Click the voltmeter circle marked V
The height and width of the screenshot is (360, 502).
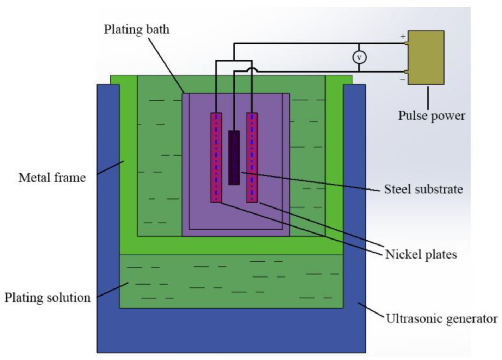359,57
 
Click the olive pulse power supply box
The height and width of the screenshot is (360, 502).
426,57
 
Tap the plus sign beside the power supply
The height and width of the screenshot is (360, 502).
403,36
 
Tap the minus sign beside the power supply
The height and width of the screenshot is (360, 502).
402,80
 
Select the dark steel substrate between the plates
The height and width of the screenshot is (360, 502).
234,157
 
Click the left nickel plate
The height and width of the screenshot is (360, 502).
216,157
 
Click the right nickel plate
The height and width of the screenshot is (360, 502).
252,157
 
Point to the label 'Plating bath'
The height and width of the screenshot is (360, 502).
136,29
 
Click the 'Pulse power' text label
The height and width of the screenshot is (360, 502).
431,116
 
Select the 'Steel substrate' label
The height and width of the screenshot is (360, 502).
423,189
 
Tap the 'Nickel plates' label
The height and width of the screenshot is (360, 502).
421,254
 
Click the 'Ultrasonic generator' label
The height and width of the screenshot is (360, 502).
441,319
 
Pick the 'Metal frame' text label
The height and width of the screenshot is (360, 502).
52,178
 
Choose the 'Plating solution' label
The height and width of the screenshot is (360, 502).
47,298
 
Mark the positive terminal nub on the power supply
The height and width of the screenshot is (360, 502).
406,44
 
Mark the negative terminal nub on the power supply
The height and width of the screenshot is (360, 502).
406,72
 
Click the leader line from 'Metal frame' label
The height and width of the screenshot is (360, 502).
110,167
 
